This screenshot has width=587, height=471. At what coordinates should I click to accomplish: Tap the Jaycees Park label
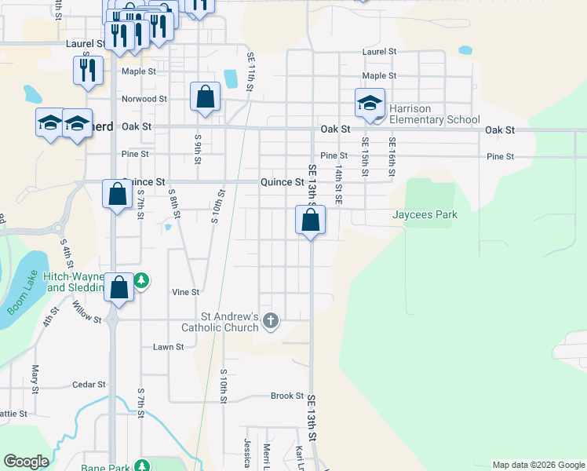425,214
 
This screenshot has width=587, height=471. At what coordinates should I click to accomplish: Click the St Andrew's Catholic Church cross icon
271,319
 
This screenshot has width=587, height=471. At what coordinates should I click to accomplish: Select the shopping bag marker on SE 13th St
311,221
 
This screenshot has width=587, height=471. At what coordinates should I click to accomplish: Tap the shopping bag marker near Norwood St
205,99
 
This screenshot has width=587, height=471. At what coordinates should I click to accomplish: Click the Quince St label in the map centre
282,182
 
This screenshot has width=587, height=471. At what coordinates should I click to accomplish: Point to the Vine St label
185,292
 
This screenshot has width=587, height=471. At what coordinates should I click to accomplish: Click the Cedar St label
89,385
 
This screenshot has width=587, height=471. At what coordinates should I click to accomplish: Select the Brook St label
287,396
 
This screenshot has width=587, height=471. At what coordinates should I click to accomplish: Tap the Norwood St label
144,99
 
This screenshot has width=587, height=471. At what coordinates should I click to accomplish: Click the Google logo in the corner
26,462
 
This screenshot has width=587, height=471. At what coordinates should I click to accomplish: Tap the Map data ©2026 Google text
538,465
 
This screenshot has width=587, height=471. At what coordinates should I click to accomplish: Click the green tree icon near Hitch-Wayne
141,280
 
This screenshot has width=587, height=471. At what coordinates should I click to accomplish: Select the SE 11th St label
250,72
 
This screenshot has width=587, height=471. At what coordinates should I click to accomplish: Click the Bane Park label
106,467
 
